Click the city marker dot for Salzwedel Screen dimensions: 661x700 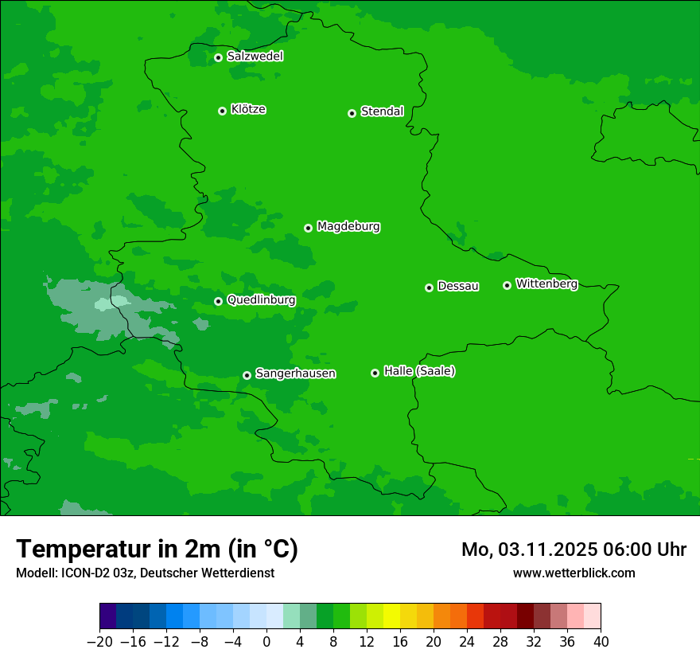[218, 57]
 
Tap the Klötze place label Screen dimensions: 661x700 [248, 109]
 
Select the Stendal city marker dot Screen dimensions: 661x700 [352, 113]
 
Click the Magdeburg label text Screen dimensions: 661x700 [348, 226]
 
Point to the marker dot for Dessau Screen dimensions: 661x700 [429, 287]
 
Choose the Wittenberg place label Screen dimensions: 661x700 [546, 284]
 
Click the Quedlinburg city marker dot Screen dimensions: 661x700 [218, 301]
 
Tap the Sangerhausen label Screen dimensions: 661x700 [295, 374]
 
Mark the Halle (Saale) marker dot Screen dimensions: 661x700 [375, 373]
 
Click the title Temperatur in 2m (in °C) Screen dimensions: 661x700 [157, 550]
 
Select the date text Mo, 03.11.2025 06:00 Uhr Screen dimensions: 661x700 [574, 550]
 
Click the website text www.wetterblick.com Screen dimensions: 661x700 [574, 573]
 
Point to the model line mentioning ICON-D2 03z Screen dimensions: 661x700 [145, 573]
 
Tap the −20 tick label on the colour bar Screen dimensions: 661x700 [99, 642]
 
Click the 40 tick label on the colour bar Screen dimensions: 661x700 [601, 642]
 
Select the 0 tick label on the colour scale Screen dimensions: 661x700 [266, 642]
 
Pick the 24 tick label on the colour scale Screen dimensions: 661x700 [467, 642]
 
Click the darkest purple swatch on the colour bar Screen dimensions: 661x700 [107, 616]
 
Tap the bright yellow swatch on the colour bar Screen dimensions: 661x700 [391, 616]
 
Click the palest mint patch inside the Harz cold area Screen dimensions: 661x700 [111, 303]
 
